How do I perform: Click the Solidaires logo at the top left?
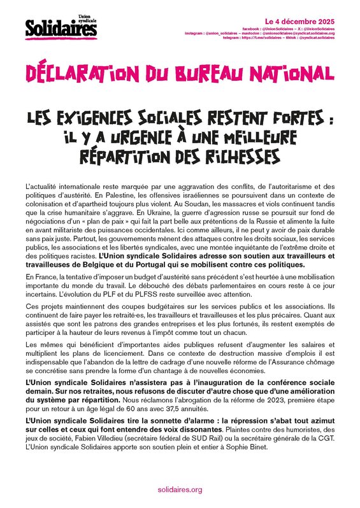click(x=54, y=26)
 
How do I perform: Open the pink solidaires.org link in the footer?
click(x=180, y=489)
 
